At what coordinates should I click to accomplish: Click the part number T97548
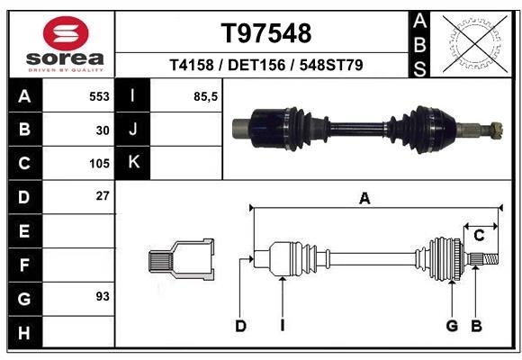(x=266, y=33)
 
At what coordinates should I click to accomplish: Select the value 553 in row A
(x=99, y=95)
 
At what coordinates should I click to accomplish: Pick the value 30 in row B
(x=103, y=130)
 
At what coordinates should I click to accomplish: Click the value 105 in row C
(x=99, y=164)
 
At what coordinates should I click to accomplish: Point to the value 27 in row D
(x=103, y=195)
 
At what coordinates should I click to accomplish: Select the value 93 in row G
(x=103, y=295)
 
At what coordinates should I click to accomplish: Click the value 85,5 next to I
(x=206, y=95)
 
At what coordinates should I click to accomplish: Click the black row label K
(x=133, y=163)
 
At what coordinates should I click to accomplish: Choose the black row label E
(x=24, y=231)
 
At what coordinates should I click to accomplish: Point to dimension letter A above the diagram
(x=364, y=199)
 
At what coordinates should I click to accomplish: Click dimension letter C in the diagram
(x=480, y=235)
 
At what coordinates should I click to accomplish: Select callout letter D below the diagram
(x=240, y=326)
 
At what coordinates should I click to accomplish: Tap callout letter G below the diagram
(x=452, y=326)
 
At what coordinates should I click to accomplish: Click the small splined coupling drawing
(x=181, y=260)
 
